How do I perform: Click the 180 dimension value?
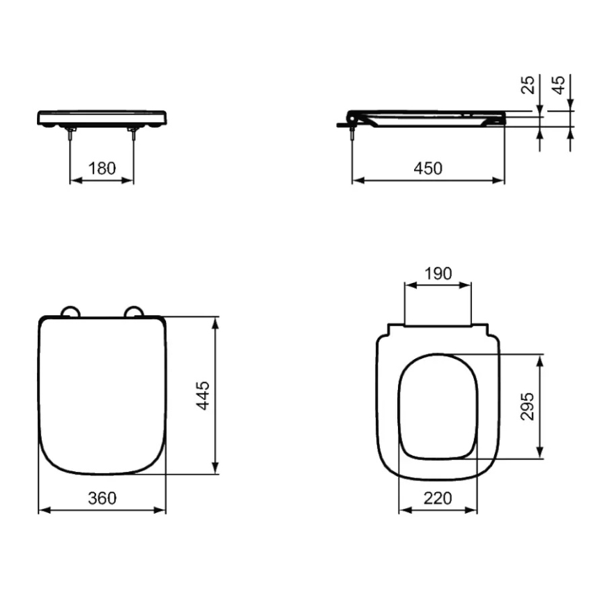point(102,169)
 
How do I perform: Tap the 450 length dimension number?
point(428,169)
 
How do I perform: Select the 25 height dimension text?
point(530,84)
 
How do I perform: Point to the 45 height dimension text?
point(560,84)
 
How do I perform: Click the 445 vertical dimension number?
point(203,395)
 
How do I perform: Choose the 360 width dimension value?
point(102,498)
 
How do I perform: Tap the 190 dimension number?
point(438,273)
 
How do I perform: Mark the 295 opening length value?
point(528,406)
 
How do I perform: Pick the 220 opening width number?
point(438,498)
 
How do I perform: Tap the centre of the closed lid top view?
point(102,395)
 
